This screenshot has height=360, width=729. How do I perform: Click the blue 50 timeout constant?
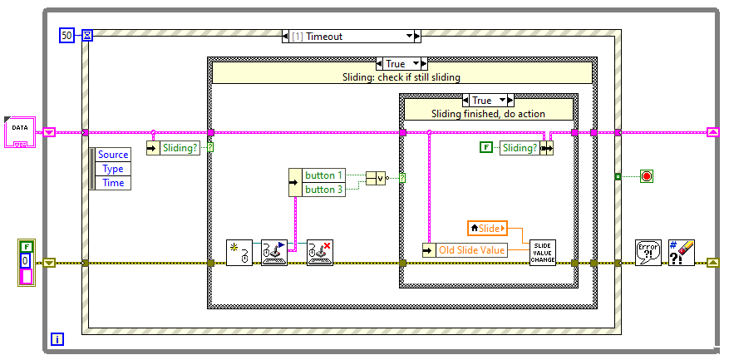pyautogui.click(x=66, y=35)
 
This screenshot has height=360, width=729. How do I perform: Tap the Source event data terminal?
pyautogui.click(x=113, y=155)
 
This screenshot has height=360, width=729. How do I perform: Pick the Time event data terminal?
pyautogui.click(x=113, y=183)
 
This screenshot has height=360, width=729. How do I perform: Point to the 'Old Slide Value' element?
pyautogui.click(x=471, y=250)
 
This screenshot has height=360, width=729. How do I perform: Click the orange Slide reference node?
pyautogui.click(x=488, y=227)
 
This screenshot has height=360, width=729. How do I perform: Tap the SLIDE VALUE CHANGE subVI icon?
pyautogui.click(x=543, y=252)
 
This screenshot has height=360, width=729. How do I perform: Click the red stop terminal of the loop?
pyautogui.click(x=647, y=175)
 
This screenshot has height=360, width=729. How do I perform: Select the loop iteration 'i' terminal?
pyautogui.click(x=57, y=338)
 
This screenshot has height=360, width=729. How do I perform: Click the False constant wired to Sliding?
pyautogui.click(x=486, y=148)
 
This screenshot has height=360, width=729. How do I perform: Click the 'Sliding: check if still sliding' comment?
pyautogui.click(x=401, y=77)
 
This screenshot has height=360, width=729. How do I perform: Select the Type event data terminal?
pyautogui.click(x=113, y=169)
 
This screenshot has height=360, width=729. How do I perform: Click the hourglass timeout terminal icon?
pyautogui.click(x=87, y=35)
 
